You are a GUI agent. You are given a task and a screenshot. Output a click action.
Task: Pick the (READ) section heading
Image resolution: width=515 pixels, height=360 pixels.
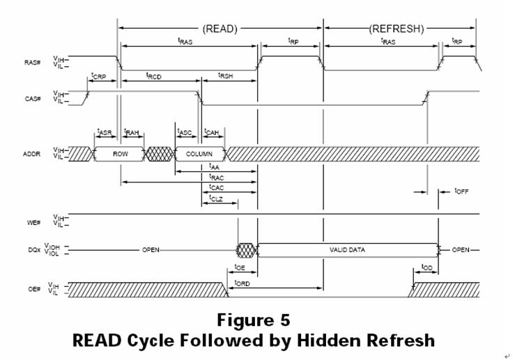(x=220, y=29)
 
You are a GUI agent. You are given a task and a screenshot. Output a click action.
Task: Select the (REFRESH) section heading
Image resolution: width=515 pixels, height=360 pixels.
(x=395, y=29)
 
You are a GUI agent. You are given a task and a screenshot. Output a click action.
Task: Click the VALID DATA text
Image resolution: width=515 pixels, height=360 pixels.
(x=347, y=249)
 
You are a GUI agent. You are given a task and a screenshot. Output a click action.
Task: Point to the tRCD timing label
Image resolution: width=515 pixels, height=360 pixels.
(x=154, y=75)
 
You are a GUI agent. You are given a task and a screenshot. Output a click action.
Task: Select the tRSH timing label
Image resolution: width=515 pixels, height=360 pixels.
(x=226, y=75)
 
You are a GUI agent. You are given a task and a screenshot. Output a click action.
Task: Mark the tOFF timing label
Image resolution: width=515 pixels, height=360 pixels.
(x=462, y=191)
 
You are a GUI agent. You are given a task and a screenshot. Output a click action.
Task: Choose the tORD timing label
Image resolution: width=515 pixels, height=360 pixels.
(x=243, y=282)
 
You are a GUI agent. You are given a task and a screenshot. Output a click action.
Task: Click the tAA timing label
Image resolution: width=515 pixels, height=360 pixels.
(x=215, y=167)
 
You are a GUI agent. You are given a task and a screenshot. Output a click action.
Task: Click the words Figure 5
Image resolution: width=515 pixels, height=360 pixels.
(x=253, y=320)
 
